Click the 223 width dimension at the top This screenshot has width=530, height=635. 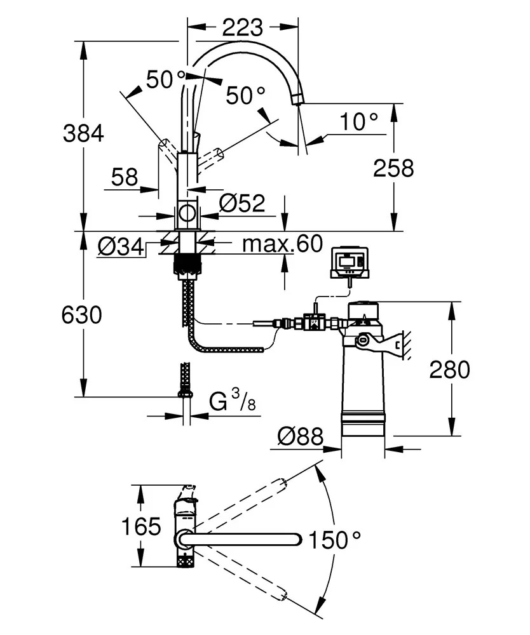[x=242, y=27]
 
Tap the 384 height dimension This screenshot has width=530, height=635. [x=83, y=133]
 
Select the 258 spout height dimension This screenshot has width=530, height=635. [x=393, y=168]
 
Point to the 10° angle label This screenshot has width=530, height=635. [x=358, y=121]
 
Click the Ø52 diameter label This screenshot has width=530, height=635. [x=242, y=203]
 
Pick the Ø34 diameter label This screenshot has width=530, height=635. [x=121, y=246]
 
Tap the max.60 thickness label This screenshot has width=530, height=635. [x=282, y=243]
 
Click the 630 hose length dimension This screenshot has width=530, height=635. [x=82, y=315]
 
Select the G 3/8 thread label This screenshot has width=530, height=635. [x=233, y=401]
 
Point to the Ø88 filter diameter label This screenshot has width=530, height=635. [x=301, y=436]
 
